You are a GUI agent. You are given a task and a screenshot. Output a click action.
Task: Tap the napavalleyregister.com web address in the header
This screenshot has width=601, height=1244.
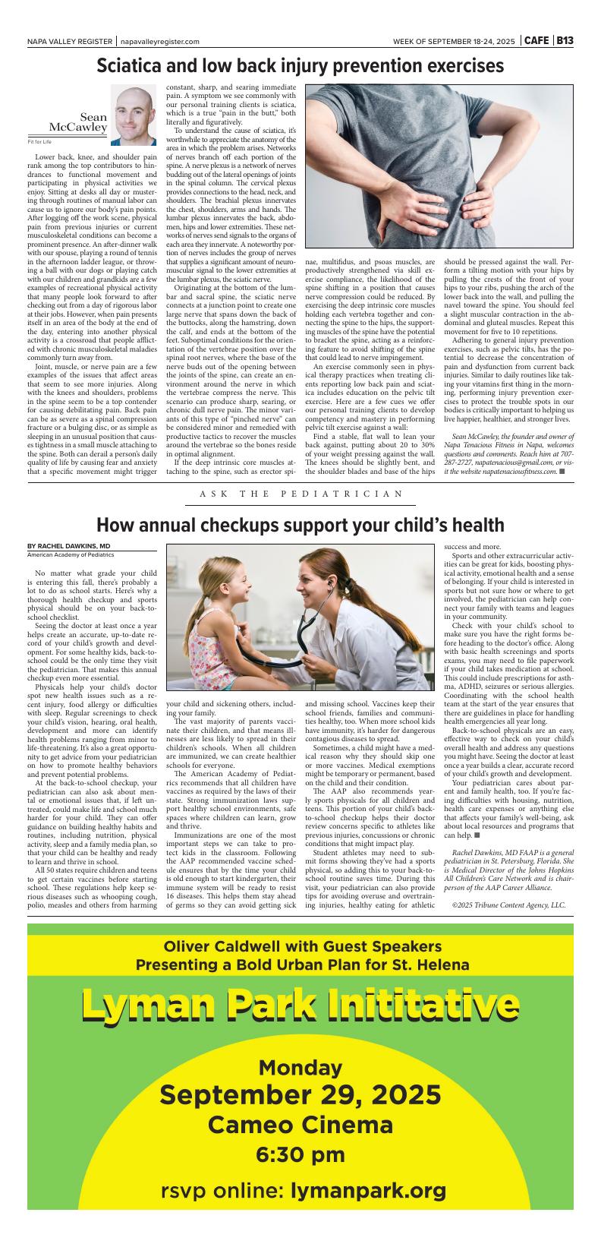[159, 42]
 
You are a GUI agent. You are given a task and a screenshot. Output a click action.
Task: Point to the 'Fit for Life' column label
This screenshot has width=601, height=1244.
[39, 142]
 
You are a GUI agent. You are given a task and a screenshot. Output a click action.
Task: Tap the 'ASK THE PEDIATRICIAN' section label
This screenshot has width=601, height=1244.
[301, 494]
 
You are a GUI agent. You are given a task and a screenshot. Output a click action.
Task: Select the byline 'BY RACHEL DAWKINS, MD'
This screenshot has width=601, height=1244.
[68, 545]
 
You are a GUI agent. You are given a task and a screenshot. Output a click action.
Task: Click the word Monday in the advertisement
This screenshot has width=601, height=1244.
[300, 1068]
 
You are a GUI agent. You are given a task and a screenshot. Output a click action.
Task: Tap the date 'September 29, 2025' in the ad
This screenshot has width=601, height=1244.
[300, 1095]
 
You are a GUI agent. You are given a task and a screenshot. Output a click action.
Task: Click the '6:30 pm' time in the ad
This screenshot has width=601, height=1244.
[300, 1155]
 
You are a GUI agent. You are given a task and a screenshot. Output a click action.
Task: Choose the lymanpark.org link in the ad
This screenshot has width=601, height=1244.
[368, 1191]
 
